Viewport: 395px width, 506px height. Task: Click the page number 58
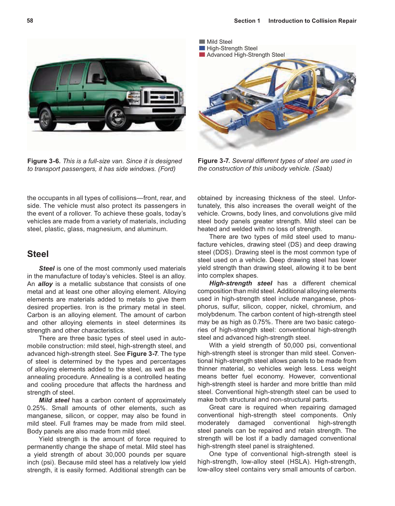point(30,21)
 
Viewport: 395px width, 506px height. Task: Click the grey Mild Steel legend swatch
point(202,42)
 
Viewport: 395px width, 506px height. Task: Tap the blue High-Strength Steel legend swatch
point(202,48)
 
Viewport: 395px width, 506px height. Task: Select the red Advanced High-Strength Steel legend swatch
point(202,55)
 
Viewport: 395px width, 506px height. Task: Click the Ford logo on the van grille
point(162,97)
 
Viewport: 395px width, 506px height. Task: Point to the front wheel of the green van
point(119,118)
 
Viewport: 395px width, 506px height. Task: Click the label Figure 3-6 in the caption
point(43,161)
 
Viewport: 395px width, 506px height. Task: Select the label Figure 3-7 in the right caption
point(214,161)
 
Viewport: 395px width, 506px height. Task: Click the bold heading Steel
point(38,254)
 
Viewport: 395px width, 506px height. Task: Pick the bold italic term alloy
point(45,284)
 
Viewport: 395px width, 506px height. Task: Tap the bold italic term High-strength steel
point(241,283)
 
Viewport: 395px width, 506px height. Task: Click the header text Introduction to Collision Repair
point(312,21)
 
